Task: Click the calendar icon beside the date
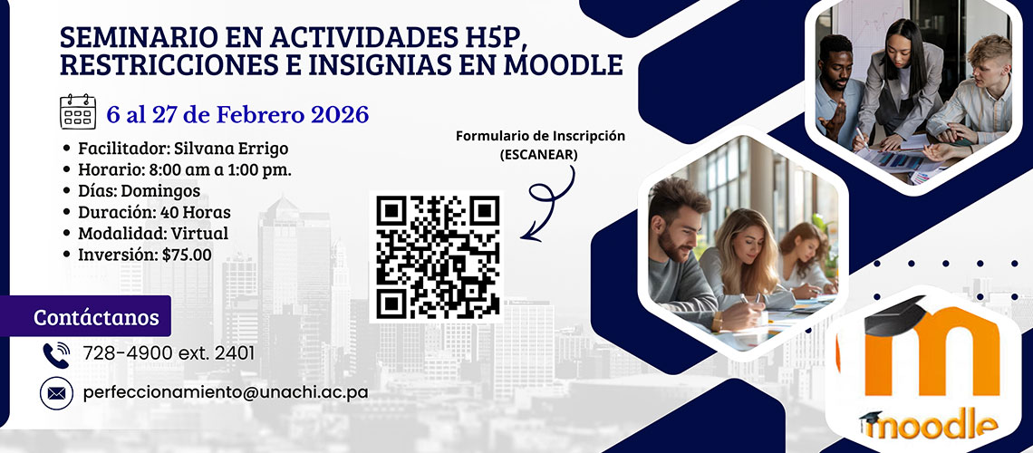tap(78, 111)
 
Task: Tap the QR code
tap(437, 256)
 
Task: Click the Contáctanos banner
tap(86, 317)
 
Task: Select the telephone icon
tap(56, 354)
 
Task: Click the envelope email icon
tap(56, 393)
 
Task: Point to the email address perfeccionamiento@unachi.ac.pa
tap(226, 392)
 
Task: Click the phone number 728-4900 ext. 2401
tap(169, 353)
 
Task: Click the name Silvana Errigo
tap(231, 149)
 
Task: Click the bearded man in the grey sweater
tap(679, 256)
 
